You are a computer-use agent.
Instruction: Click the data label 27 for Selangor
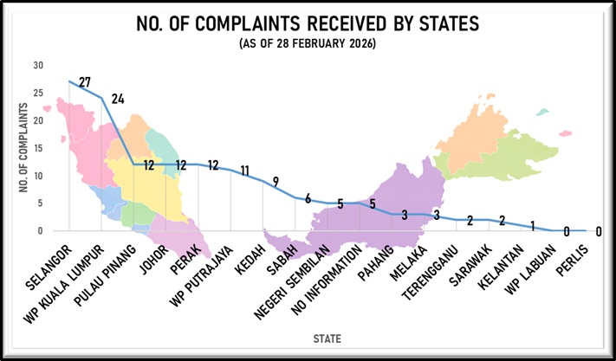pos(85,83)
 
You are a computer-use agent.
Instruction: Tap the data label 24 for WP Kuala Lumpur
pos(118,99)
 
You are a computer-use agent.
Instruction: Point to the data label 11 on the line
pos(245,171)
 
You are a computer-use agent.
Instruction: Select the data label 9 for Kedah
pos(276,182)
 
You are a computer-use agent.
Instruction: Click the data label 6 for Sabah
pos(308,198)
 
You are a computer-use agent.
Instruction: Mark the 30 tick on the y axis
pos(37,66)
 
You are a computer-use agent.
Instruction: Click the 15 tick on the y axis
pos(37,148)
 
